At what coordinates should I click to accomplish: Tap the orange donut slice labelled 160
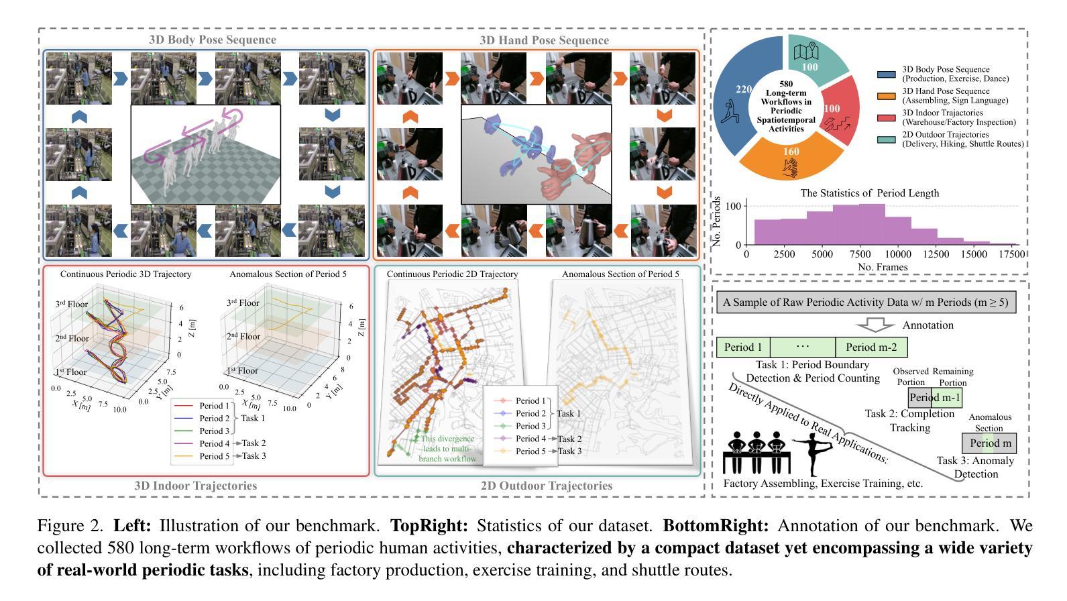pos(791,161)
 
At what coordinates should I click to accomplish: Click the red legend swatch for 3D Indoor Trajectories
pos(886,118)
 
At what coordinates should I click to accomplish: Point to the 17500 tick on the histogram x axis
pos(1012,255)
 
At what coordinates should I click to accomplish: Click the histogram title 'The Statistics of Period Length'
pos(869,193)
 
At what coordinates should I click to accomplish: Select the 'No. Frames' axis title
pos(883,267)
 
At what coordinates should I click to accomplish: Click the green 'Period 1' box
pos(743,347)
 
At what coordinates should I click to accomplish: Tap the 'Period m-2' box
pos(871,347)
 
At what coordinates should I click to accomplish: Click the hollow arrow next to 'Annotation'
pos(876,325)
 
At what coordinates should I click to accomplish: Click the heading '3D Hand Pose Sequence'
pos(544,40)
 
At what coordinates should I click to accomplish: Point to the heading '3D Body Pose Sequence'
pos(212,40)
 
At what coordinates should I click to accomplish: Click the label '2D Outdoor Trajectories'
pos(546,486)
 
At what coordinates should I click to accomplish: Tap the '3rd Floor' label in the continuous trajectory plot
pos(71,305)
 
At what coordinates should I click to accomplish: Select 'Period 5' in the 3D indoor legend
pos(215,456)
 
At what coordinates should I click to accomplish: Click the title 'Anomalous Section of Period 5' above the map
pos(620,274)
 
